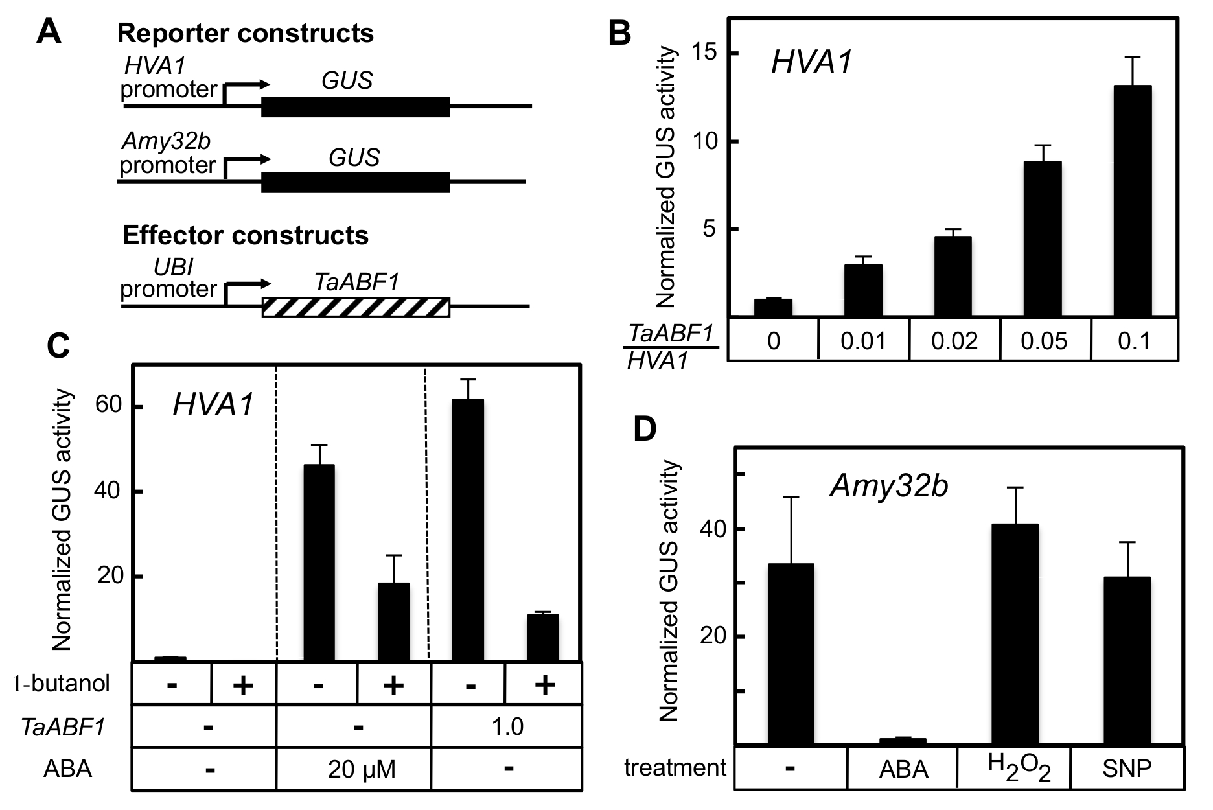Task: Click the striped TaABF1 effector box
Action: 356,307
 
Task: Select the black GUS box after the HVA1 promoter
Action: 356,107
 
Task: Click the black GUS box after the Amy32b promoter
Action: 356,183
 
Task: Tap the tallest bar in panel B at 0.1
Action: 1133,201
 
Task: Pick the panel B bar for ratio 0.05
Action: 1043,239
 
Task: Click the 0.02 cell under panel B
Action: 954,340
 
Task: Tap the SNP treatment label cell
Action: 1127,768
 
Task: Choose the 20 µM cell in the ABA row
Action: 354,769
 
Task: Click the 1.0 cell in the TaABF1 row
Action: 507,726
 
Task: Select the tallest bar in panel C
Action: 468,530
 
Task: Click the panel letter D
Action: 645,430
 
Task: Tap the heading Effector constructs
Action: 246,235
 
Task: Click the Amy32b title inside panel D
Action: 890,485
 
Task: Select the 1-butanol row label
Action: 62,683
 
